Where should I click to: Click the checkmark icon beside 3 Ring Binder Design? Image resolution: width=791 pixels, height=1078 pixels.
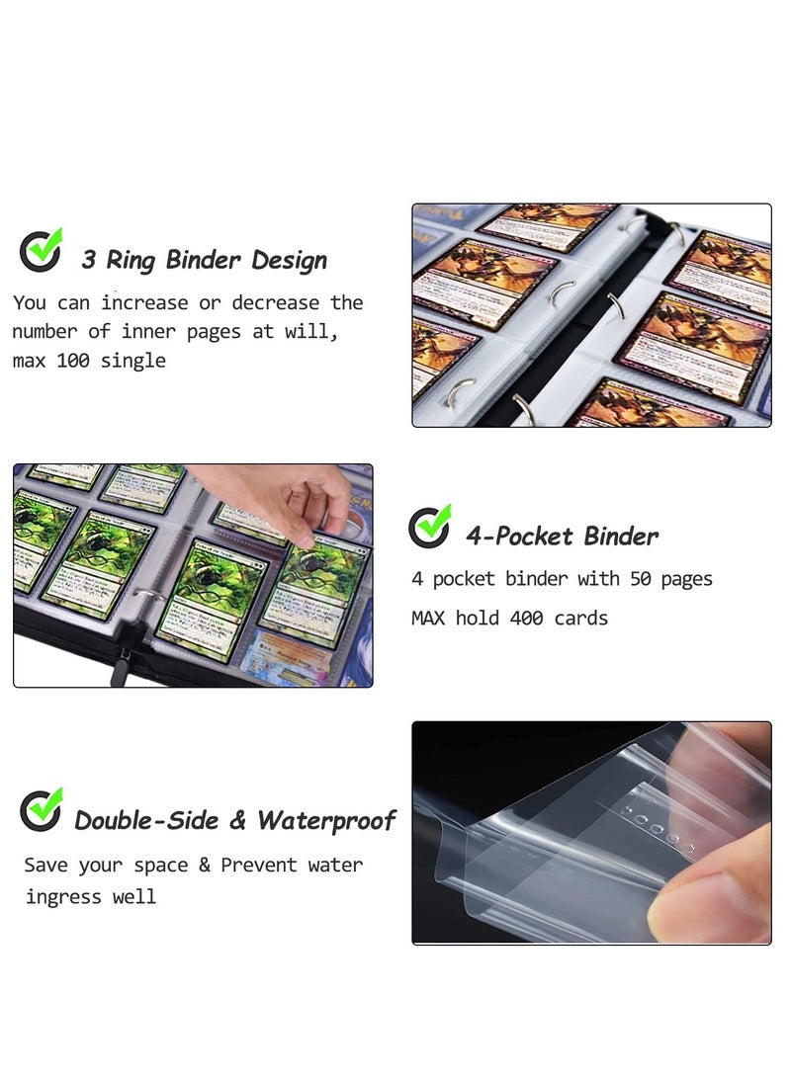tap(41, 251)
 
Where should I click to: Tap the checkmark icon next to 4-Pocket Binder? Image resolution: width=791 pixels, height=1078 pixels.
tap(429, 527)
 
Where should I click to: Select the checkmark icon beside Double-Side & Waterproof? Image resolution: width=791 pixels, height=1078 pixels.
tap(41, 810)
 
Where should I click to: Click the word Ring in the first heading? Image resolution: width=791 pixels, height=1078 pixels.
tap(132, 261)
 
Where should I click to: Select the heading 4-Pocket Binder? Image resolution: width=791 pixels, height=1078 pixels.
tap(562, 537)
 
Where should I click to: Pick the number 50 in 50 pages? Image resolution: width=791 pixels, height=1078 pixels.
tap(641, 579)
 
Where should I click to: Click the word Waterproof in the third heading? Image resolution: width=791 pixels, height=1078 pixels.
tap(326, 820)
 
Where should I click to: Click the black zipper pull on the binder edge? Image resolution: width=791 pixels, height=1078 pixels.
tap(120, 670)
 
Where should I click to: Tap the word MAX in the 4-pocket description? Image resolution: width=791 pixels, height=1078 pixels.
tap(429, 619)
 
